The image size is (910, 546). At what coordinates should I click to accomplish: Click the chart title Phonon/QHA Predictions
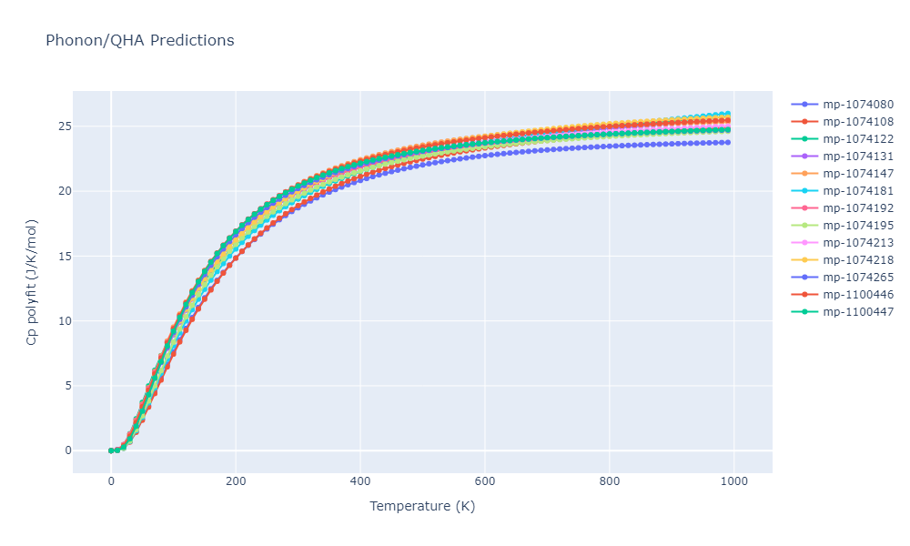click(x=139, y=41)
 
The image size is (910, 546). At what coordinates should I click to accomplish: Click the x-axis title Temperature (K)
click(x=422, y=506)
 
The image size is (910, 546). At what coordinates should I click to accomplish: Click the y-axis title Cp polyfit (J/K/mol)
click(x=32, y=282)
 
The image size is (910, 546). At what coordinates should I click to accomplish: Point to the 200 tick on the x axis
click(x=236, y=481)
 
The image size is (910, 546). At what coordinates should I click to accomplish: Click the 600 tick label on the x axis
click(x=485, y=481)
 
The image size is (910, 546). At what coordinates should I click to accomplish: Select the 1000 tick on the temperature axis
click(x=734, y=481)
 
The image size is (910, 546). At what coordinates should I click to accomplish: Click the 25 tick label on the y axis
click(x=57, y=126)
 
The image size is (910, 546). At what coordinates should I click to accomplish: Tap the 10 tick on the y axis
click(x=57, y=321)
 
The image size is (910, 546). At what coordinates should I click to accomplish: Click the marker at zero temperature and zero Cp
click(x=111, y=450)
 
